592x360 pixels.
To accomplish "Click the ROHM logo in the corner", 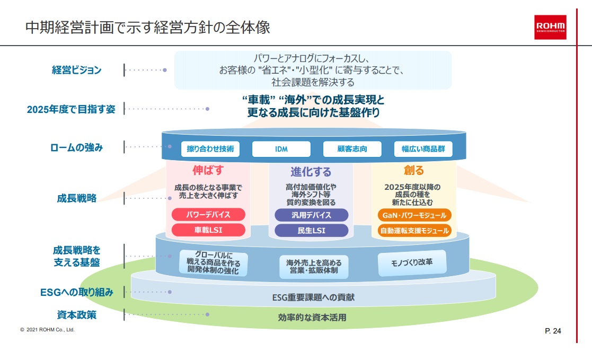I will (x=550, y=27).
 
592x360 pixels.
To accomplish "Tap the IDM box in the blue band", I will (x=281, y=149).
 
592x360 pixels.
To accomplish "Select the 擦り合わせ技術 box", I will (x=210, y=149).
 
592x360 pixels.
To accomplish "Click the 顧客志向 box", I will (x=352, y=149).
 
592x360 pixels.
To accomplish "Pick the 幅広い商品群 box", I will (x=423, y=149).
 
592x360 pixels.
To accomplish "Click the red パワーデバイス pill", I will (x=208, y=215).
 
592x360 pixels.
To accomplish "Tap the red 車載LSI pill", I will (x=208, y=230).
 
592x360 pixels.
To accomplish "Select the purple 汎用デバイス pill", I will (x=311, y=215).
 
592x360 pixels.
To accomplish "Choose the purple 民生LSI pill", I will (x=311, y=230).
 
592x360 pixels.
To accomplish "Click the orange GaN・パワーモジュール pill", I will (x=414, y=215).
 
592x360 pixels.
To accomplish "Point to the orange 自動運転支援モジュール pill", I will (x=414, y=231).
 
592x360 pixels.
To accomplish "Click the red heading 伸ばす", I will (x=208, y=171).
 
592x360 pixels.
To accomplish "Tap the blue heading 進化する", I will (x=311, y=171).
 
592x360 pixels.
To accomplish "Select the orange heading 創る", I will (x=414, y=170).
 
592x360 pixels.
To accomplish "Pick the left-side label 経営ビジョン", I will (x=76, y=70).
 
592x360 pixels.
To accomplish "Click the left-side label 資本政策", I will (x=76, y=314).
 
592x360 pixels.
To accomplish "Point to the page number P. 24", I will (x=553, y=331).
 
